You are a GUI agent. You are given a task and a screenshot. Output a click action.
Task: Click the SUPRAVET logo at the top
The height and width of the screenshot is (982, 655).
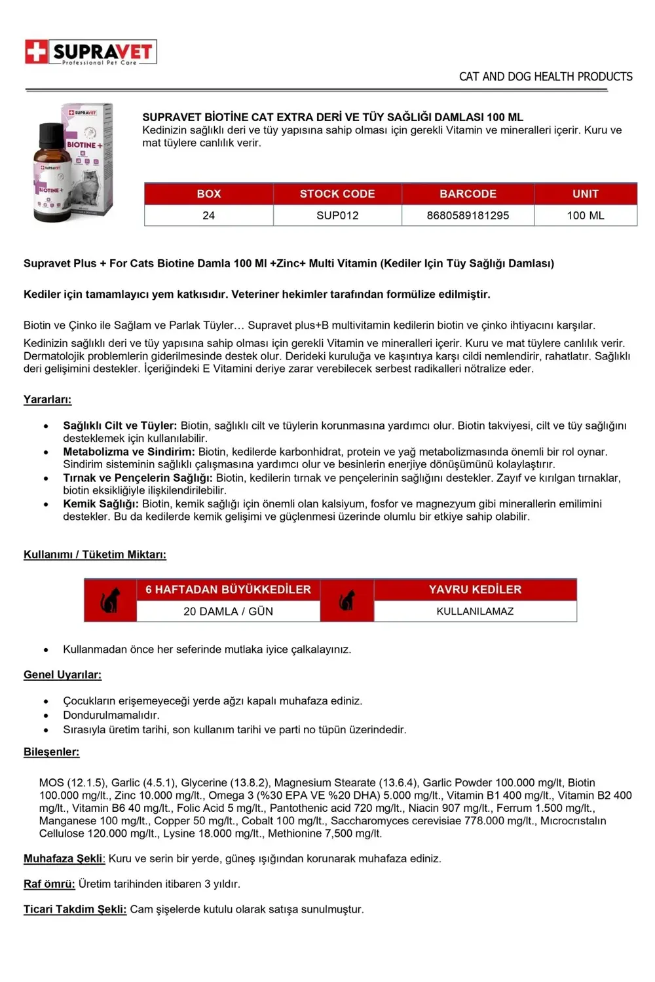91,52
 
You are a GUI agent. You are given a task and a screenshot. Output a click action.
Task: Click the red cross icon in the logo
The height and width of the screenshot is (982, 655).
37,52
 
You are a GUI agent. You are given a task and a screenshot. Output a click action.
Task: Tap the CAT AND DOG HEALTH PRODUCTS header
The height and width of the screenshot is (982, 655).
546,77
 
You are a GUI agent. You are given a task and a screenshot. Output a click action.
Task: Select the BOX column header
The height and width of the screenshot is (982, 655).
209,194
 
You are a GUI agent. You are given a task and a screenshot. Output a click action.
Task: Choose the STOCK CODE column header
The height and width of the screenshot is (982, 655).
337,194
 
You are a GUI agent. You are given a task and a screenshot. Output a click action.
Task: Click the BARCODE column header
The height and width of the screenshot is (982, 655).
468,194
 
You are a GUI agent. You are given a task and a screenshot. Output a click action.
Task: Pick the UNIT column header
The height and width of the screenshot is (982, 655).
586,194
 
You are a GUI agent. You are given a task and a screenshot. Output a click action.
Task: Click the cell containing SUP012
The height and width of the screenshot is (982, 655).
337,215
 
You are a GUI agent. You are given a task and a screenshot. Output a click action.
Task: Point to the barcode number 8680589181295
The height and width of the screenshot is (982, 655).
468,215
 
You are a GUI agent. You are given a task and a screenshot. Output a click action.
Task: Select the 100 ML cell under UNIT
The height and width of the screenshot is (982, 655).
586,215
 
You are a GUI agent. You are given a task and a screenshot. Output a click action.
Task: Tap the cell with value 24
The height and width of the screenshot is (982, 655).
209,215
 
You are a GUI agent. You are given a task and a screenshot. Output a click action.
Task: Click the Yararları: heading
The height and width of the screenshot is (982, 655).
47,399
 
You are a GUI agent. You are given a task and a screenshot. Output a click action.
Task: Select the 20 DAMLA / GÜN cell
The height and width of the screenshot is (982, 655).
228,611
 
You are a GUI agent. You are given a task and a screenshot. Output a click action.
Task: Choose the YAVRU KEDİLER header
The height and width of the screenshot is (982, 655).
475,589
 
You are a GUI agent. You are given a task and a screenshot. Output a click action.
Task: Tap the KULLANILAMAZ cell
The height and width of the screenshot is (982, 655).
475,611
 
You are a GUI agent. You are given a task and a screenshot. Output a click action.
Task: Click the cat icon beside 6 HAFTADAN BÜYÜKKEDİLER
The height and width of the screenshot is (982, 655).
110,600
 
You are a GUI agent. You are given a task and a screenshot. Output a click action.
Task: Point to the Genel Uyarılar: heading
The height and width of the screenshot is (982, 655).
62,674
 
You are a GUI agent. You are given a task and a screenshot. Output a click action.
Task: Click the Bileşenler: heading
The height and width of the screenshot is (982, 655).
51,752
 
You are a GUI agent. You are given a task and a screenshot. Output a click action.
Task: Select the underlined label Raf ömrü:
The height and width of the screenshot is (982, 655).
49,884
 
